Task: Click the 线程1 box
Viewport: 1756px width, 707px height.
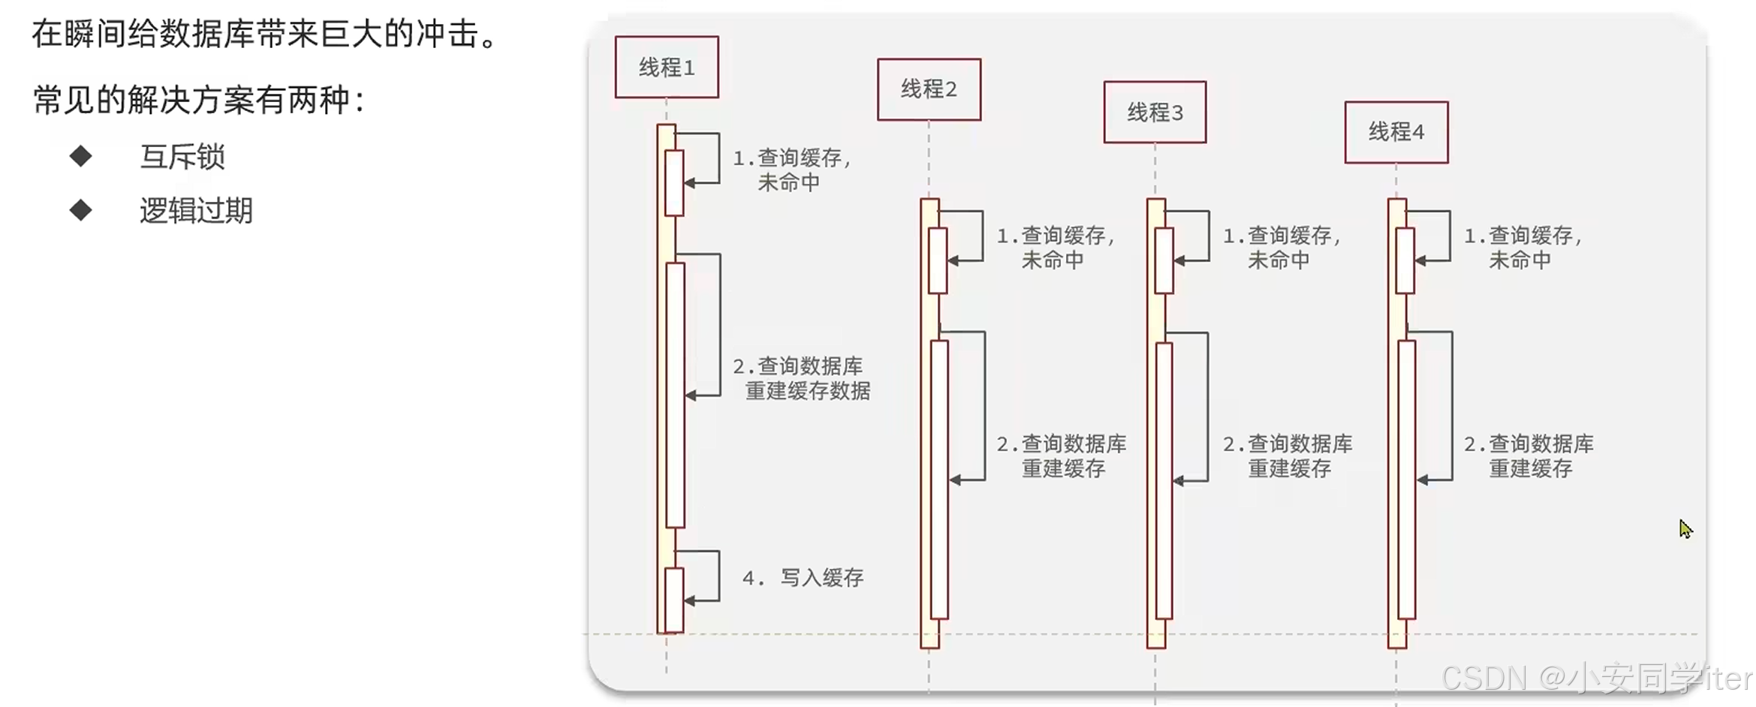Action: point(666,68)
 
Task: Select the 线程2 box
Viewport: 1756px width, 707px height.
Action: point(929,89)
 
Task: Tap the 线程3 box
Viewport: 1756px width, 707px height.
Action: point(1155,113)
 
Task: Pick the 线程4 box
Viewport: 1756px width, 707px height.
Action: point(1396,132)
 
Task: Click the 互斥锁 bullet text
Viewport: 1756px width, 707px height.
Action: point(182,157)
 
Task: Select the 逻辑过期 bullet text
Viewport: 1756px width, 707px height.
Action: point(196,211)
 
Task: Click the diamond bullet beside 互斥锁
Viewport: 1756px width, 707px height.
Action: point(80,156)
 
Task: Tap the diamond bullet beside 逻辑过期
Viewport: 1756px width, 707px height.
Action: point(80,210)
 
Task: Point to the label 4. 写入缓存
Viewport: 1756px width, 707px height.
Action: point(803,577)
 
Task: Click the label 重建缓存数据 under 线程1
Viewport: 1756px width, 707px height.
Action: point(807,391)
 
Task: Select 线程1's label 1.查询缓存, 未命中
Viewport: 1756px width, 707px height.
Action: point(791,170)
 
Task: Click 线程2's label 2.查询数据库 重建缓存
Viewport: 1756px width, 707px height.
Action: point(1062,456)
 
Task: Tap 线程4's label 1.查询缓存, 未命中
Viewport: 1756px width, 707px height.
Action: point(1523,248)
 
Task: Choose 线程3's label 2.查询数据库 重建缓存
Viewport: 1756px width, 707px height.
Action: point(1288,456)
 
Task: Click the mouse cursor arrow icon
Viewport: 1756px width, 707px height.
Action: point(1685,529)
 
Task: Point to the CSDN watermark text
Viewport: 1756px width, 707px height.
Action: point(1595,678)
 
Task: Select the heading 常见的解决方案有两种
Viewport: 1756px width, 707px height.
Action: point(199,100)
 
